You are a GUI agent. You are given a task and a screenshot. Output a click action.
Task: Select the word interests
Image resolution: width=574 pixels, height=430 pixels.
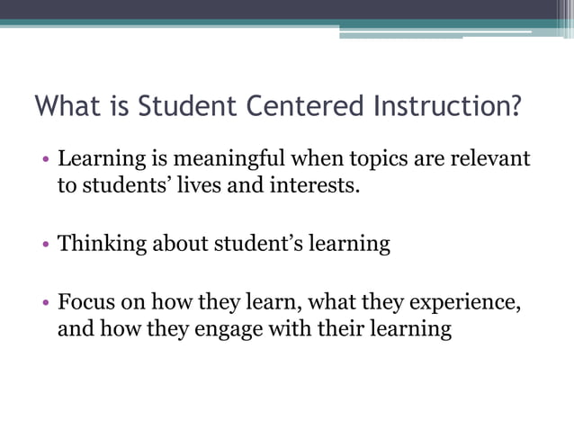[310, 187]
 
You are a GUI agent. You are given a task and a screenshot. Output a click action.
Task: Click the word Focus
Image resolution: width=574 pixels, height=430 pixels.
[85, 301]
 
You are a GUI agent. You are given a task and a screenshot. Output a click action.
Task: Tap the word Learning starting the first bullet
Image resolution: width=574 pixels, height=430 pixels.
[99, 160]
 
